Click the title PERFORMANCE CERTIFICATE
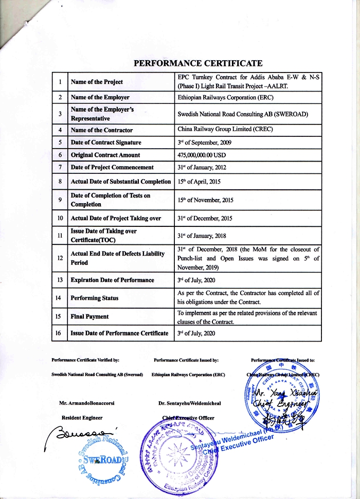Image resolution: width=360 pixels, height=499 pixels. click(x=199, y=64)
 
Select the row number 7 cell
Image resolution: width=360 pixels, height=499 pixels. click(x=61, y=167)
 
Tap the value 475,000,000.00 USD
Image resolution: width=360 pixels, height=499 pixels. click(x=203, y=155)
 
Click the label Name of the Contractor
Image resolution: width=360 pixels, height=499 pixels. click(x=102, y=130)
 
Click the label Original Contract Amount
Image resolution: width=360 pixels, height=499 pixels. click(x=105, y=155)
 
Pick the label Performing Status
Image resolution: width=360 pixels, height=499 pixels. click(x=95, y=298)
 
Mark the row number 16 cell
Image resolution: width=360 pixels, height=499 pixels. click(x=61, y=333)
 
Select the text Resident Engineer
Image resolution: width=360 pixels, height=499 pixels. click(x=82, y=418)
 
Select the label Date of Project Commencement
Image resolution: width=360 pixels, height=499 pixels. click(x=112, y=167)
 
